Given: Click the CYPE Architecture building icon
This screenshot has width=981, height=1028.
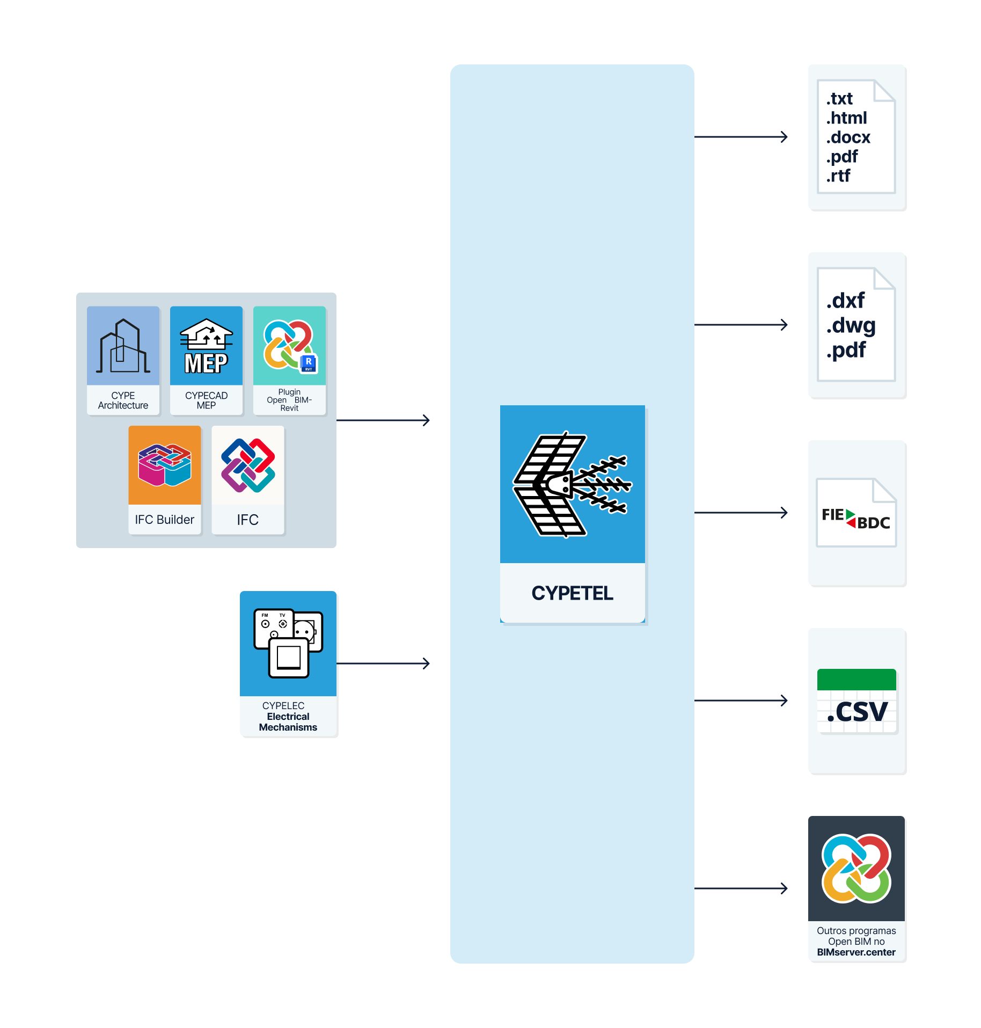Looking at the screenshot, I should (x=123, y=346).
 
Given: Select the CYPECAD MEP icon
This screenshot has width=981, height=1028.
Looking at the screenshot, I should (x=206, y=346).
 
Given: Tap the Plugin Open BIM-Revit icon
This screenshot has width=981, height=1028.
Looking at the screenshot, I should (x=289, y=346).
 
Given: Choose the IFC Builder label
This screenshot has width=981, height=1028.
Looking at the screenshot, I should (x=164, y=520).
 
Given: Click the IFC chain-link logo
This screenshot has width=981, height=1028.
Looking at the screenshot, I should (x=248, y=465).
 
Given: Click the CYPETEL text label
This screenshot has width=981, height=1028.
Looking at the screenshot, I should (x=572, y=593).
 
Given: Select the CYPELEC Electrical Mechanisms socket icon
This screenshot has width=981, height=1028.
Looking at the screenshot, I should (x=288, y=643).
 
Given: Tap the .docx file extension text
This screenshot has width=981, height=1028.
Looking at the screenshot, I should (x=848, y=137).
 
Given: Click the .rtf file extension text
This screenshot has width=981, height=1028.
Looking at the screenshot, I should (x=838, y=176).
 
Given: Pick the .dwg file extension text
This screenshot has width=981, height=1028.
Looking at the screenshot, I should (x=851, y=325).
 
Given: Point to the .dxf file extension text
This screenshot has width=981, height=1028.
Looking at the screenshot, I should (x=845, y=301).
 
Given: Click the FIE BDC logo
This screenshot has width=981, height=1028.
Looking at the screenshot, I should (x=856, y=519).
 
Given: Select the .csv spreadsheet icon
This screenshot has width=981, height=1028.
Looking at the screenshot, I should (x=856, y=701).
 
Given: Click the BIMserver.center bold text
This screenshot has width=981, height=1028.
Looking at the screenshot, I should (x=856, y=952).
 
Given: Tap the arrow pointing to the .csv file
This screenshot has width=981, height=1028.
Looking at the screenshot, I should (x=741, y=701).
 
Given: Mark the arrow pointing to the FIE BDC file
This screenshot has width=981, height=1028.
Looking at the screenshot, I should (x=741, y=513).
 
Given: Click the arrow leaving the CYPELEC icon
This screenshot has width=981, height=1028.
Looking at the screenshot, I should (x=383, y=664).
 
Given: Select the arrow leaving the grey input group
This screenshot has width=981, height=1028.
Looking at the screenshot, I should (x=383, y=420).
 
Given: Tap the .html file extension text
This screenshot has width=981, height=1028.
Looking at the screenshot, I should (x=846, y=118).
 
